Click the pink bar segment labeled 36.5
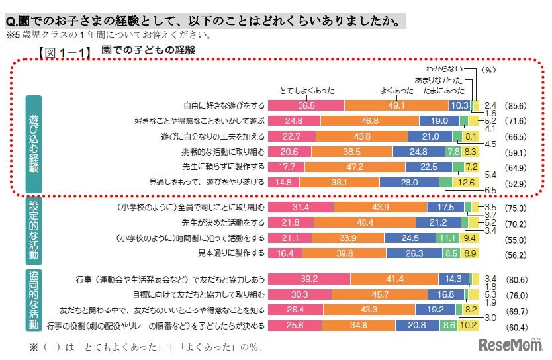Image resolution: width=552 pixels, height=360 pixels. coord(306,105)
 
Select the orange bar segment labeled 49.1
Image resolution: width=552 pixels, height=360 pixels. coord(396,105)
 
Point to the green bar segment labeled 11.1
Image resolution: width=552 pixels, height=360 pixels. coord(448,238)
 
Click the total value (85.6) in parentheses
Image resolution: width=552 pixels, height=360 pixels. coord(515,105)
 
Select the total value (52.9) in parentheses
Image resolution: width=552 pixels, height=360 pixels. coord(515,182)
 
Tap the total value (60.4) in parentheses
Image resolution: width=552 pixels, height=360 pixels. coord(515,325)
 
